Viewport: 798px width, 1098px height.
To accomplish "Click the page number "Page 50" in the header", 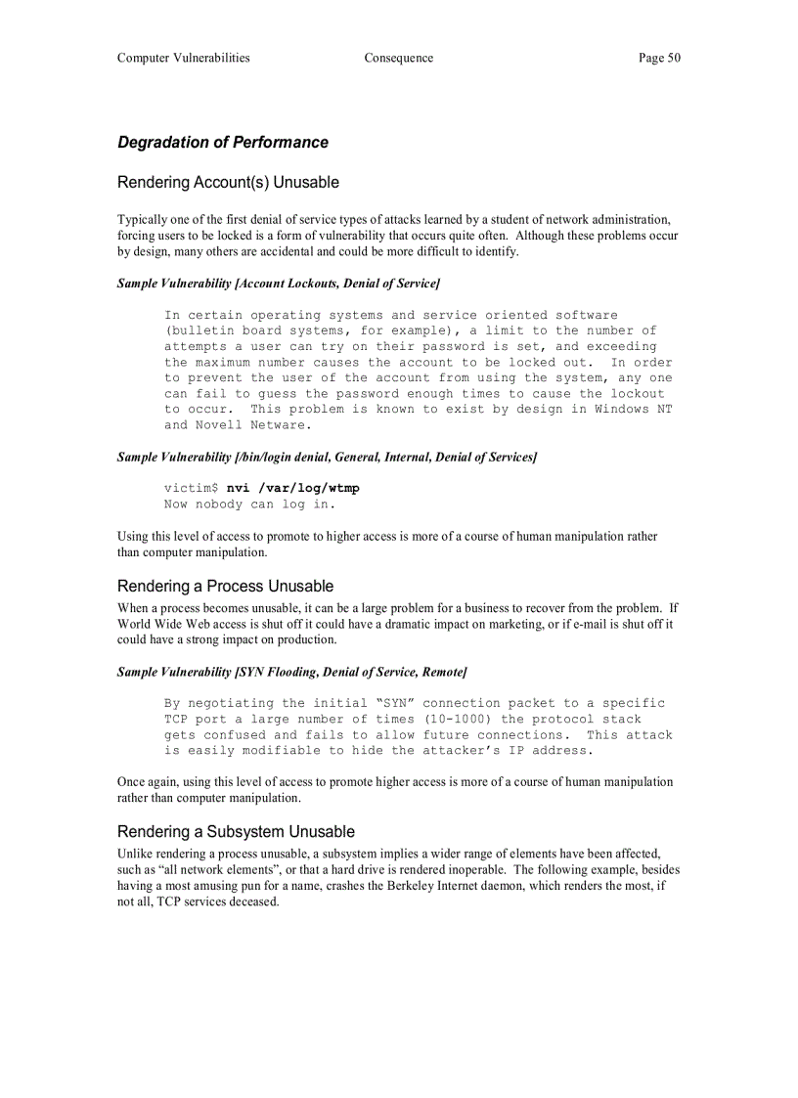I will click(659, 58).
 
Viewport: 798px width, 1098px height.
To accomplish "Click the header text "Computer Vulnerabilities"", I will click(184, 58).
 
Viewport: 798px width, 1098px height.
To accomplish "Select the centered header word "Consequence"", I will click(398, 58).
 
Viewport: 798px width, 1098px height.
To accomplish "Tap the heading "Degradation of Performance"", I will click(223, 143).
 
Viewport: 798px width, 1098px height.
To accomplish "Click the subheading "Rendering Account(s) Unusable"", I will click(228, 183).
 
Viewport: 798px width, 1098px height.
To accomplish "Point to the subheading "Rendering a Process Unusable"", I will click(225, 587).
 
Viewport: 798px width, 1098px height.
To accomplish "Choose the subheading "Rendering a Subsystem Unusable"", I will click(236, 832).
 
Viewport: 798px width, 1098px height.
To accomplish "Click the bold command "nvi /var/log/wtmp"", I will click(292, 488).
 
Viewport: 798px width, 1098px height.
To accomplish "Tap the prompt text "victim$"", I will click(191, 488).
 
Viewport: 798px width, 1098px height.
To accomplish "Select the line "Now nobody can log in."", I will click(249, 505).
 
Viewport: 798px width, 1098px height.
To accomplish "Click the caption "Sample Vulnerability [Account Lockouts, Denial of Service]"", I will click(279, 284).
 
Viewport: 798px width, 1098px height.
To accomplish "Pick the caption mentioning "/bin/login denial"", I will click(327, 457).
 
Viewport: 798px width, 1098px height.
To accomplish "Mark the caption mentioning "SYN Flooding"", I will click(291, 672).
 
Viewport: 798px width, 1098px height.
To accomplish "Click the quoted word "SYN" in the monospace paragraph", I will click(395, 703).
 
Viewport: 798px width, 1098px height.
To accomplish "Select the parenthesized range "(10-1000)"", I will click(459, 719).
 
